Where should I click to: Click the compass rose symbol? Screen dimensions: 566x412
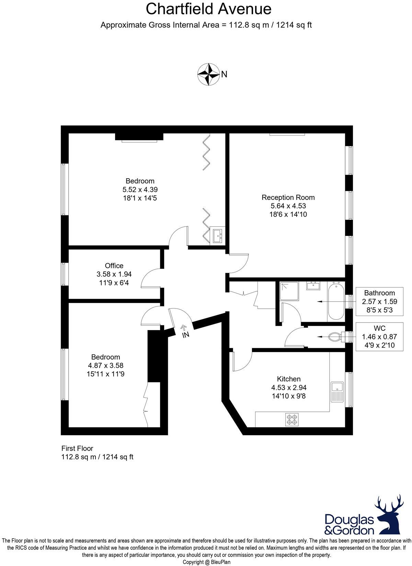point(208,74)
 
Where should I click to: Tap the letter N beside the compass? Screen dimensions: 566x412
point(224,74)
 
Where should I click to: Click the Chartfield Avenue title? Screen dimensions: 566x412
point(208,9)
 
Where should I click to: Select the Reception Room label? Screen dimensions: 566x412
point(288,197)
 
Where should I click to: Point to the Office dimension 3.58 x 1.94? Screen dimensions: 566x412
point(114,274)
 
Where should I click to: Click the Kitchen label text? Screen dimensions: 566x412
point(289,379)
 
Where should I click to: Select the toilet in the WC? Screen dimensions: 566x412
point(335,337)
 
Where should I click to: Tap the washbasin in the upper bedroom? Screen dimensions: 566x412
point(218,236)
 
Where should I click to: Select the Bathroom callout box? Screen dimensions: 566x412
point(379,301)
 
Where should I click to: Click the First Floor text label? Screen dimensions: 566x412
point(77,449)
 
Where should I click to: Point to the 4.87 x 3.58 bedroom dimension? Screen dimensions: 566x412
point(105,365)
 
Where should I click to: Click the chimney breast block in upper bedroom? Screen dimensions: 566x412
point(139,137)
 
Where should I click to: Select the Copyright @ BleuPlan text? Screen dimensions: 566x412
point(206,562)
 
